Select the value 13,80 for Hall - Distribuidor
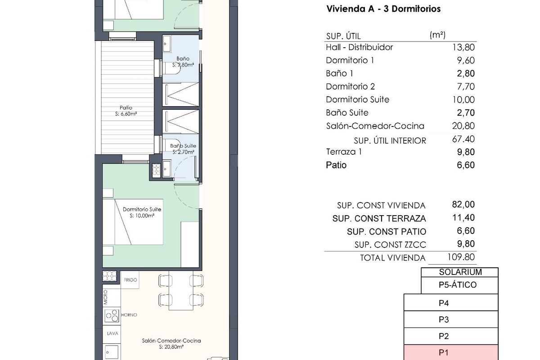[x=463, y=47]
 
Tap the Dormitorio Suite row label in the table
[x=357, y=99]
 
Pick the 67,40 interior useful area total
[x=463, y=139]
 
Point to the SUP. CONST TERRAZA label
[x=379, y=219]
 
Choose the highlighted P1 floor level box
[x=451, y=353]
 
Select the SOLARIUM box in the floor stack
[x=460, y=272]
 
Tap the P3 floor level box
[x=451, y=320]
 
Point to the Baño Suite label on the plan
[x=183, y=146]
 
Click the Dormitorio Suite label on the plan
[x=142, y=210]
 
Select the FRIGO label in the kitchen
[x=130, y=279]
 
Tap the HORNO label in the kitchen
[x=129, y=315]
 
